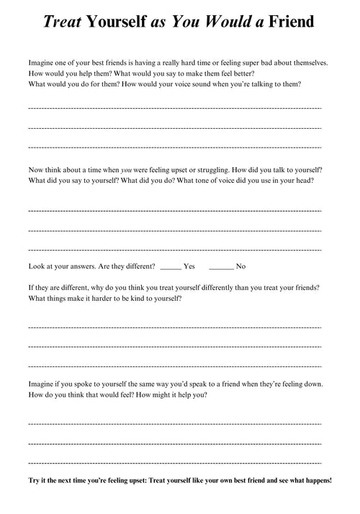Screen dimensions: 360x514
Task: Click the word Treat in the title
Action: pos(62,22)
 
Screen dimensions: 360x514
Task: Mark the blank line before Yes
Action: pos(171,267)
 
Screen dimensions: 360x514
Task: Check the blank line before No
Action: pos(222,267)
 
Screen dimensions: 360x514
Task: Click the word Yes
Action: pos(189,266)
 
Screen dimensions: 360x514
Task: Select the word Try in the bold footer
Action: pos(35,480)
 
